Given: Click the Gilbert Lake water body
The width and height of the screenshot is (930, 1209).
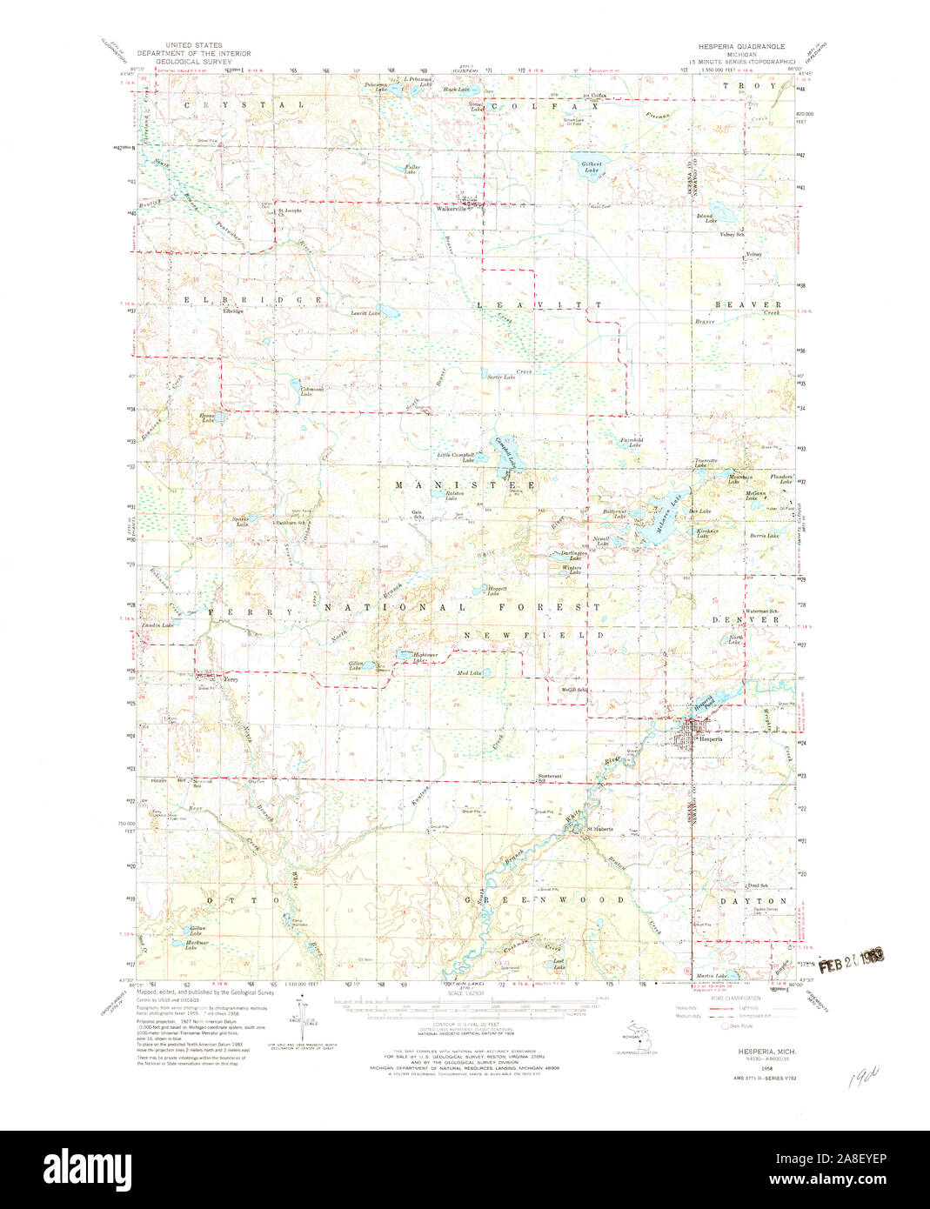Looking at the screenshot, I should pyautogui.click(x=592, y=170).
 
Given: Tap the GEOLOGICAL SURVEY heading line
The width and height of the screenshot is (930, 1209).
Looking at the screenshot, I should pyautogui.click(x=187, y=63).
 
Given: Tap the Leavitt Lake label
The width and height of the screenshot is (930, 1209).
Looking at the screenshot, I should pyautogui.click(x=365, y=312).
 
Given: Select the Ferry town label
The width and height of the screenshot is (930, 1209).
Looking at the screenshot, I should pyautogui.click(x=231, y=679).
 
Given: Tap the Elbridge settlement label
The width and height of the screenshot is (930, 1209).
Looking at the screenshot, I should pyautogui.click(x=232, y=311).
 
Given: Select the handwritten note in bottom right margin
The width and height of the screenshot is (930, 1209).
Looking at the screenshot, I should pyautogui.click(x=860, y=1081).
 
